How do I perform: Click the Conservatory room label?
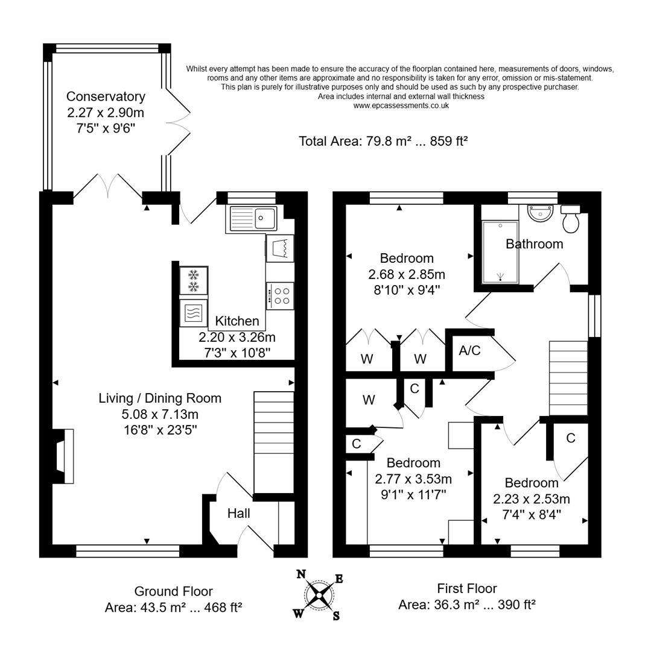coord(106,96)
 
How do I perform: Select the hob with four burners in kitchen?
coord(281,296)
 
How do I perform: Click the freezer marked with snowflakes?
coord(194,280)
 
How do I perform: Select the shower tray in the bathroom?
coord(500,251)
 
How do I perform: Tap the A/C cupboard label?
coord(469,351)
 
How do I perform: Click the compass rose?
coord(319,594)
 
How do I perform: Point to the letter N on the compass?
coord(300,574)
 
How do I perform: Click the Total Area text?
coord(383,141)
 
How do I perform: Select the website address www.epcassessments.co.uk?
coord(401,105)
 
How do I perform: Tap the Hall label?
coord(238,514)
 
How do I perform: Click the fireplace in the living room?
coord(63,456)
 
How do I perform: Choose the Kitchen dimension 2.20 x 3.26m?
coord(237,337)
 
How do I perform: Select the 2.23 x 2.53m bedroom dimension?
coord(532,499)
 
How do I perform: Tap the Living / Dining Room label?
coord(160,398)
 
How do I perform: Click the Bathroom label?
coord(534,244)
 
